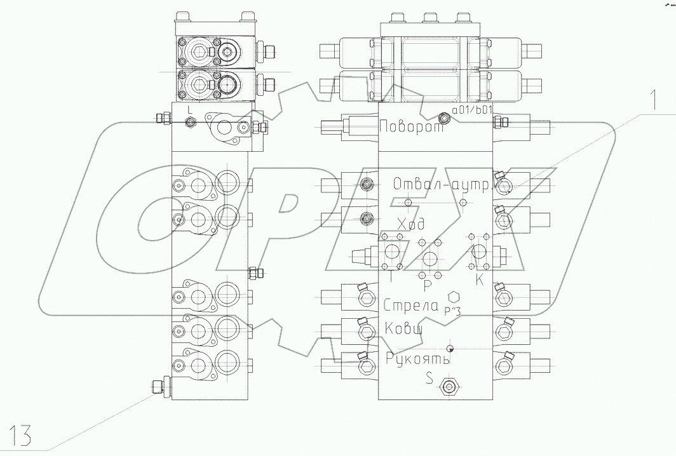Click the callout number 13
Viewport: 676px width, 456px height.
(x=19, y=435)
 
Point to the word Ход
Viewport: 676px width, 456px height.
(x=411, y=224)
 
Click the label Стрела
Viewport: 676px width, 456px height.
(x=411, y=305)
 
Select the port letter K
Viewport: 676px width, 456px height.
(x=480, y=279)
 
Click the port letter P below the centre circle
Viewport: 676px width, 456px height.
(x=428, y=285)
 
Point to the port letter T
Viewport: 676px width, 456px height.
(x=389, y=278)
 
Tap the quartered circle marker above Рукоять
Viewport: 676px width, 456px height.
(x=450, y=347)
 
